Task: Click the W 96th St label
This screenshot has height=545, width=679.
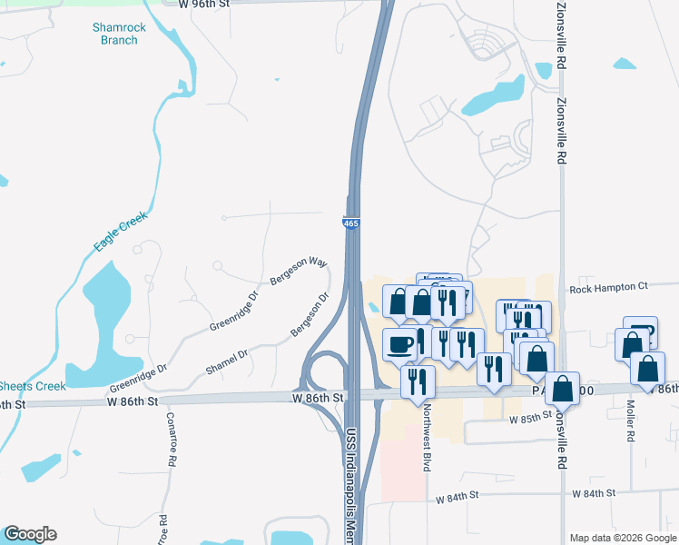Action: pos(205,4)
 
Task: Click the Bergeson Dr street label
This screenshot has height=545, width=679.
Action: pos(310,314)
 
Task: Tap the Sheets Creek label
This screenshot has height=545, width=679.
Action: pos(33,386)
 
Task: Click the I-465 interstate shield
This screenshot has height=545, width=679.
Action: pos(350,223)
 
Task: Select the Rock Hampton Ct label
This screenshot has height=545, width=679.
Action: pos(608,288)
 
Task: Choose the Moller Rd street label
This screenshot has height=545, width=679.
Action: pos(630,419)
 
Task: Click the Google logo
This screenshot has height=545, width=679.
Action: pos(30,534)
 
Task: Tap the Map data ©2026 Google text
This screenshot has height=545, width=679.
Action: pos(622,538)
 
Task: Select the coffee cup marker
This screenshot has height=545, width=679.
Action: pos(400,343)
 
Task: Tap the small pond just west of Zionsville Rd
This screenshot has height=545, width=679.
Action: pos(544,70)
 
